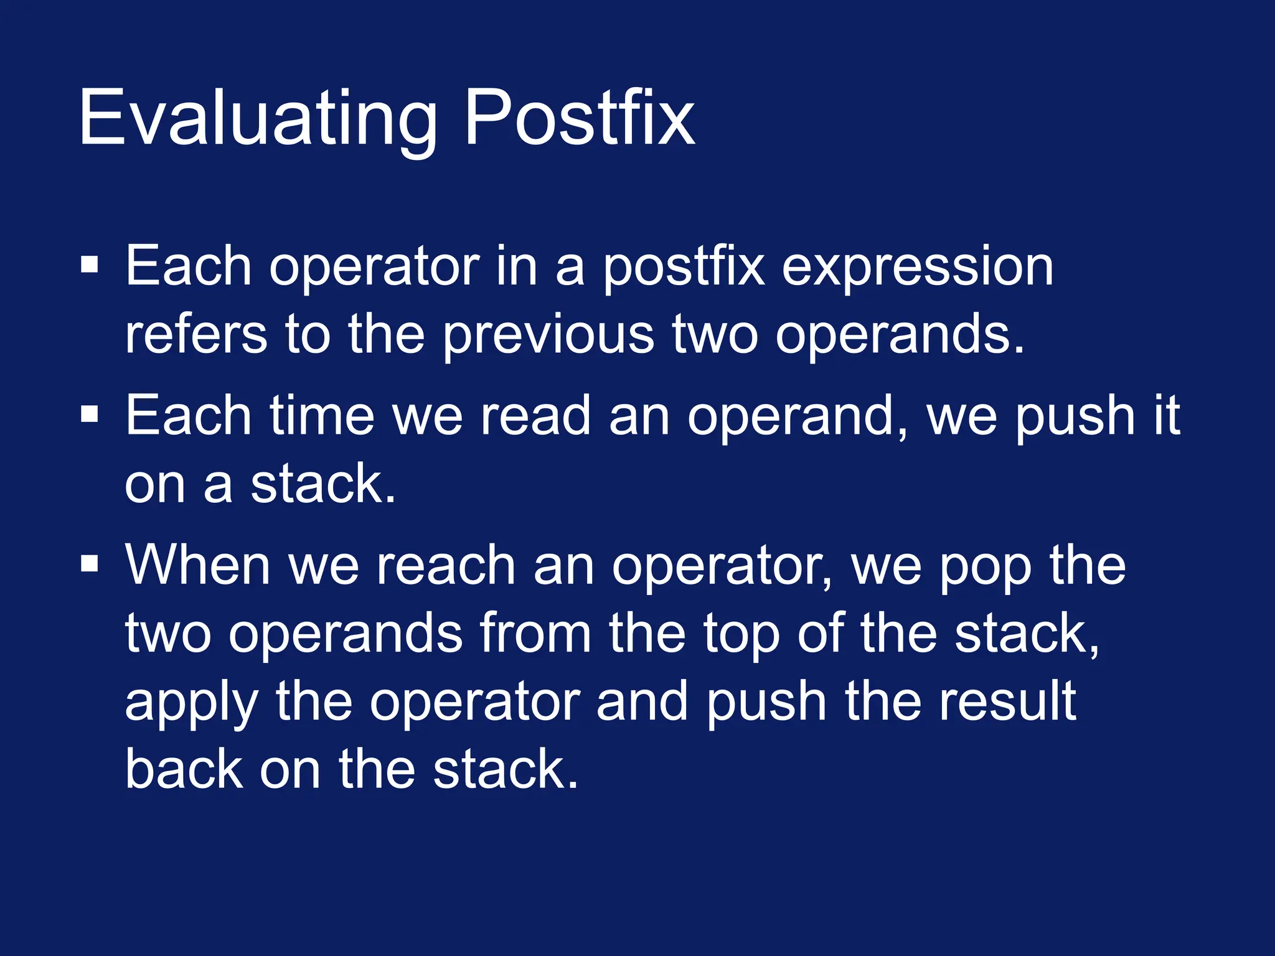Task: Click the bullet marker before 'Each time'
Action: [90, 413]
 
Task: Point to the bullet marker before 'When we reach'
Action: [90, 563]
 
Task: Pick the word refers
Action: [195, 334]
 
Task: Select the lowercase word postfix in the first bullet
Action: [683, 268]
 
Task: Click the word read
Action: [535, 416]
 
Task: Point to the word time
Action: [321, 416]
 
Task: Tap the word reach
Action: [446, 565]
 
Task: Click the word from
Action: [535, 634]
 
